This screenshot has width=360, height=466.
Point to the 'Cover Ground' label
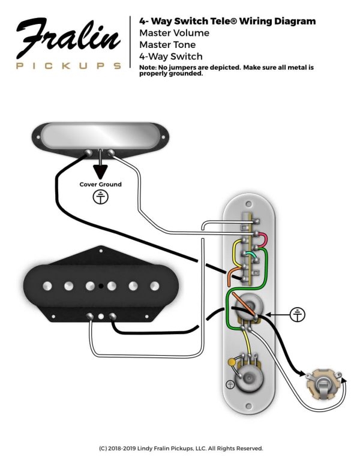(x=100, y=184)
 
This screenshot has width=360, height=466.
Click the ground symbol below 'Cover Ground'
(x=100, y=198)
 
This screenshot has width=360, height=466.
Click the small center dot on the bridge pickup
(x=103, y=285)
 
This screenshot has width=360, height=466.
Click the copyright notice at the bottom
(x=180, y=448)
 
